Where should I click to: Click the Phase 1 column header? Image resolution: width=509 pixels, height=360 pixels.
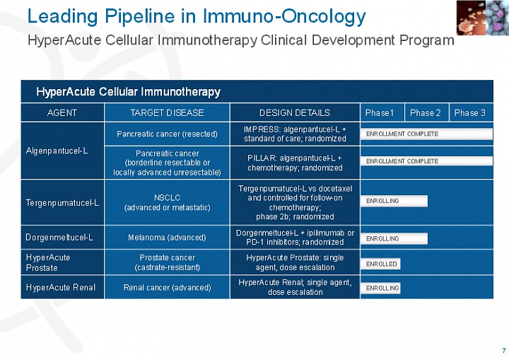(379, 112)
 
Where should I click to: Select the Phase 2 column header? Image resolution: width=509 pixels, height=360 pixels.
(426, 112)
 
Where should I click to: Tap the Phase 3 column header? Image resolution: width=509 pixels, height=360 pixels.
(469, 112)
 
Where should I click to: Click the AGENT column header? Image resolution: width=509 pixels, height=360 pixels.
(62, 112)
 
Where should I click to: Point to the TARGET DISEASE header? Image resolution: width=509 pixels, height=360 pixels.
(167, 112)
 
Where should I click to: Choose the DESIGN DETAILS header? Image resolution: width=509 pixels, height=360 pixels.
(294, 112)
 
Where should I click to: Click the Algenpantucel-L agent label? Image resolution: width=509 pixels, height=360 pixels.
(57, 151)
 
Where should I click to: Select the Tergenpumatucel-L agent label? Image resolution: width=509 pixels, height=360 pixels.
(62, 203)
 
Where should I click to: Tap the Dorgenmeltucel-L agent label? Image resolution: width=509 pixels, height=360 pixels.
(59, 237)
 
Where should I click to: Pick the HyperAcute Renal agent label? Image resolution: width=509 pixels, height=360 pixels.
(60, 287)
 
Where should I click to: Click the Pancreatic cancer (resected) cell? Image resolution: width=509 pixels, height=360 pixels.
(167, 134)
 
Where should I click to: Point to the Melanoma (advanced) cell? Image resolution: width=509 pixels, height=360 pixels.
(167, 238)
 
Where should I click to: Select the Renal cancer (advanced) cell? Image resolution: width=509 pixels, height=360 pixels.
(167, 288)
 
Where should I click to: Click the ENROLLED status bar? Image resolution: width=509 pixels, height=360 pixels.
(380, 264)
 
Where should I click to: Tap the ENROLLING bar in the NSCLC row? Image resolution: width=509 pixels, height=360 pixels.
(394, 201)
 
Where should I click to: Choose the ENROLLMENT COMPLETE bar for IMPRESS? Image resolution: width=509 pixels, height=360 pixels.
(426, 134)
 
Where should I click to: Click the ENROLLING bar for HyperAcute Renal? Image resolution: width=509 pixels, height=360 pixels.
(380, 288)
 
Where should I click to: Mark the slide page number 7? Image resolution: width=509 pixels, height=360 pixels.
(504, 350)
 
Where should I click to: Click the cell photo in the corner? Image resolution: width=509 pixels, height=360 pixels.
(483, 18)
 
